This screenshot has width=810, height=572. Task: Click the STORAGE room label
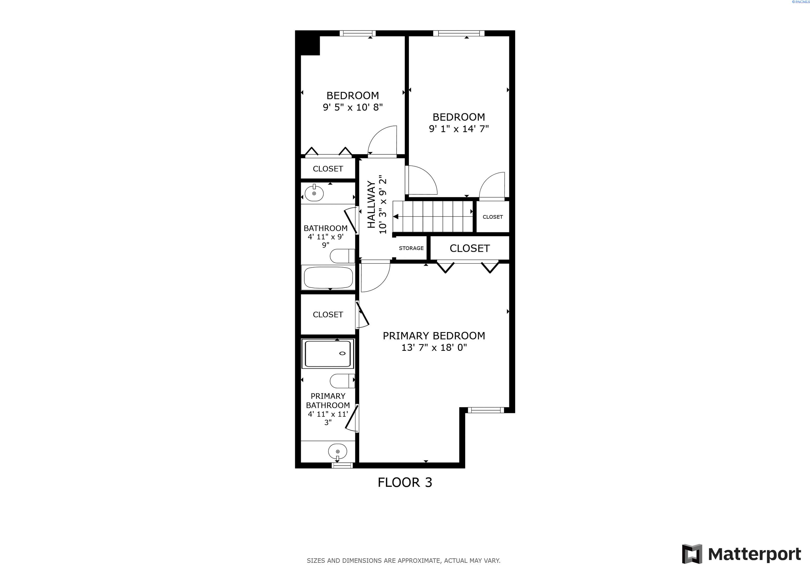411,248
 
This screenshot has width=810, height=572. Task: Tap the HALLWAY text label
371,204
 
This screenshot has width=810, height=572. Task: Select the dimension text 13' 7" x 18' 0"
434,348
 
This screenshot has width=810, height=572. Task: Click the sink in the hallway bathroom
314,193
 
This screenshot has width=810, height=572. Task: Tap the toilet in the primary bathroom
341,381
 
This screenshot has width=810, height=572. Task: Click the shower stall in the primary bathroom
328,353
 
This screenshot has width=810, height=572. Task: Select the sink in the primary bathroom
337,451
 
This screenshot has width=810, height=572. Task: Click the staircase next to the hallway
433,216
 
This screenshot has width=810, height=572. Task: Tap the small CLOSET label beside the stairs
493,217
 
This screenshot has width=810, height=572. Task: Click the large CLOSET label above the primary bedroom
470,248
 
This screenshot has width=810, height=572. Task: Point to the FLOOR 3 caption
405,482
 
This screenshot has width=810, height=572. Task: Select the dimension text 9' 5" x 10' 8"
353,107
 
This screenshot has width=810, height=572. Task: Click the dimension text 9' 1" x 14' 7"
459,129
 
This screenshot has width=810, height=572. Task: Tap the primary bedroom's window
486,410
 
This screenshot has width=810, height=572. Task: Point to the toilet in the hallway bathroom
341,256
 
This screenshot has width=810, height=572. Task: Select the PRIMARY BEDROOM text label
434,336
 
